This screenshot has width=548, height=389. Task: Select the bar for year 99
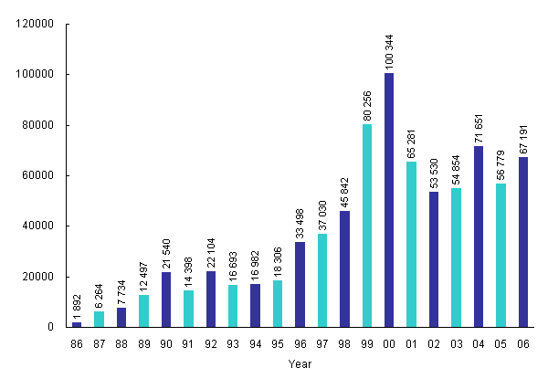pyautogui.click(x=367, y=226)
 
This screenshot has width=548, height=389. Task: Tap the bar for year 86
pyautogui.click(x=77, y=324)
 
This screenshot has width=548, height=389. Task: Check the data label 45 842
pyautogui.click(x=345, y=186)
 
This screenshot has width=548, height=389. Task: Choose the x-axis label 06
pyautogui.click(x=523, y=343)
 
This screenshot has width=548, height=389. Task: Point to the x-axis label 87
pyautogui.click(x=99, y=343)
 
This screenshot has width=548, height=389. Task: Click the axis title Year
pyautogui.click(x=300, y=364)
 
